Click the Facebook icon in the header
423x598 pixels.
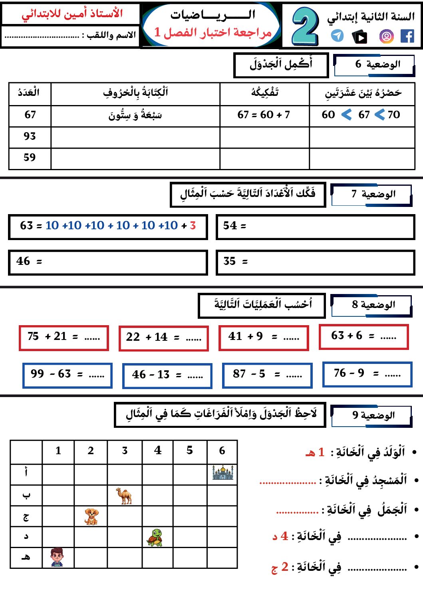coord(407,36)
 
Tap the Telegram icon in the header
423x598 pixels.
coord(338,36)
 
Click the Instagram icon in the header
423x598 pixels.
coord(386,37)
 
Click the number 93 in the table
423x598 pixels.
coord(30,137)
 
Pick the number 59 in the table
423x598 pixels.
coord(30,158)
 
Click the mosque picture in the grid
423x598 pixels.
coord(222,473)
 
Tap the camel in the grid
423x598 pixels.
coord(125,496)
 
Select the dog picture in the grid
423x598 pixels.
coord(91,517)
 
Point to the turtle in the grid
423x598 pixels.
coord(155,537)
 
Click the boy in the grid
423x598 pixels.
coord(57,557)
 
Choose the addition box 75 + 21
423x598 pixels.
coord(64,338)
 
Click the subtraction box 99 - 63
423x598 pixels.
coord(68,375)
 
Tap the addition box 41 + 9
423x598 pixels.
coord(264,338)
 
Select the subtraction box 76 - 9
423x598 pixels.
coord(367,374)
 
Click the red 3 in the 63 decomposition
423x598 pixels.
coord(193,226)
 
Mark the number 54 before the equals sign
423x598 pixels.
coord(230,226)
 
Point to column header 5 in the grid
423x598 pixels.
coord(190,451)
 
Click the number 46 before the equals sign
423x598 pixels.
coord(23,262)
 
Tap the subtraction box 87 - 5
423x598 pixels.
coord(267,375)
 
